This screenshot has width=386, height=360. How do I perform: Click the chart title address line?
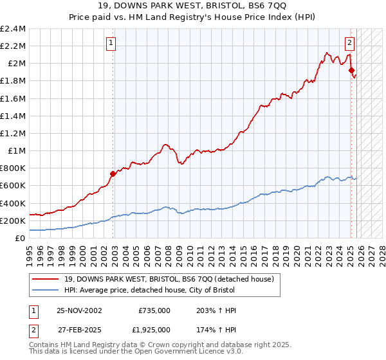click(193, 6)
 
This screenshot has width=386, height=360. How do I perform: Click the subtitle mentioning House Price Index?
click(193, 17)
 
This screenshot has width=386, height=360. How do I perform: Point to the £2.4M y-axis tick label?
click(13, 29)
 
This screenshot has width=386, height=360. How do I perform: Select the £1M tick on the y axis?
click(15, 151)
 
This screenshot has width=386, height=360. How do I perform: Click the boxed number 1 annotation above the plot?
click(111, 43)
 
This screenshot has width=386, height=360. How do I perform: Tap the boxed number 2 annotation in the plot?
click(349, 43)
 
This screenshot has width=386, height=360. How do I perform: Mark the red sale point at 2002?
click(113, 174)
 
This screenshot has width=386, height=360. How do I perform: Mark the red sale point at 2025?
click(351, 70)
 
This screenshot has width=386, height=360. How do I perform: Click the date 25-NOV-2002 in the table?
click(79, 310)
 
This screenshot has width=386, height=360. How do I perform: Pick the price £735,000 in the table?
click(154, 310)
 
